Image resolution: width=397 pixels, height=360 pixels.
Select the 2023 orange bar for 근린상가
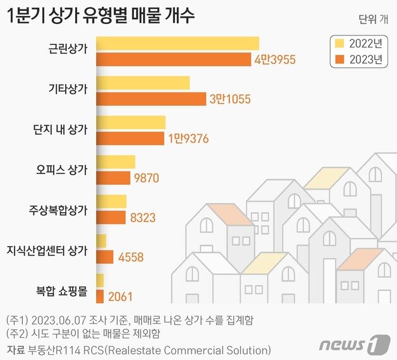pos(174,59)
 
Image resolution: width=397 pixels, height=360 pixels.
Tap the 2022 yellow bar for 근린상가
pos(178,44)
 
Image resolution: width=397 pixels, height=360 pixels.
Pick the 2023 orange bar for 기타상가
pos(151,99)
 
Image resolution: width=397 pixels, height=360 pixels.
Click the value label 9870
pos(146,178)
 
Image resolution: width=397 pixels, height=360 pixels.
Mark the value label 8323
pos(143,218)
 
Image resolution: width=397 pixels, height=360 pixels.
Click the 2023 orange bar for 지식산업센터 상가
pos(105,257)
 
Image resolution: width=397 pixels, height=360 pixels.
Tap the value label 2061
pos(121,297)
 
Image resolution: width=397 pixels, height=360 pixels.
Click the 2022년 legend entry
pos(358,44)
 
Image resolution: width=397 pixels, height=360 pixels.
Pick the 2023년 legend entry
pos(358,61)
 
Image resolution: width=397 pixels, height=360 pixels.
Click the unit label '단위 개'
pos(373,18)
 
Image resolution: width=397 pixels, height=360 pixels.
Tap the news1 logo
pos(355,345)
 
